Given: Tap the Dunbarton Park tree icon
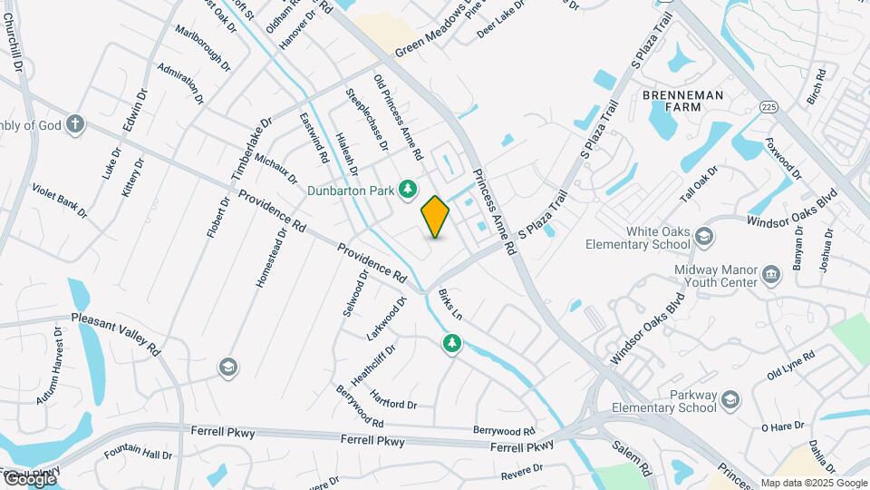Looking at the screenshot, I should click(408, 188).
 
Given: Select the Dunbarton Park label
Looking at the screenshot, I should click(352, 191).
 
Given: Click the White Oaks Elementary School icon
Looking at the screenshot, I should click(702, 238).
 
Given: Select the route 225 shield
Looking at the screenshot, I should click(769, 107).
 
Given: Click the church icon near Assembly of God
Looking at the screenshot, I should click(76, 124).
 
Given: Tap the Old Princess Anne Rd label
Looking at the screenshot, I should click(398, 118).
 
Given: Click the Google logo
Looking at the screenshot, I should click(30, 479).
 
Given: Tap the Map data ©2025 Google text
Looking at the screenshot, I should click(814, 483).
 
